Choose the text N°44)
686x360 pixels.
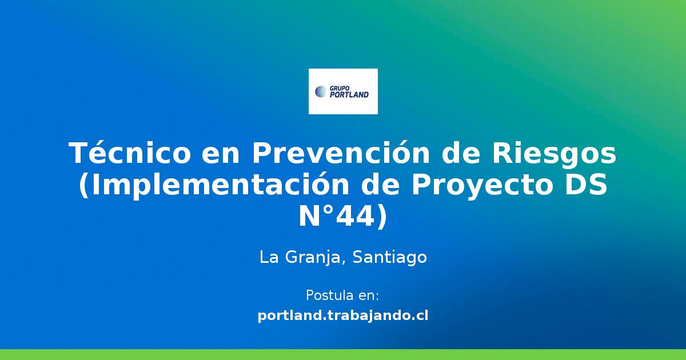coord(343,217)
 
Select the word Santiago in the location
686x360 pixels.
coord(390,258)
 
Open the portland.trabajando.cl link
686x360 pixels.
coord(343,315)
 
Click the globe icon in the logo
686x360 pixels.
coord(320,91)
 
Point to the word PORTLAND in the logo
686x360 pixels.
coord(349,94)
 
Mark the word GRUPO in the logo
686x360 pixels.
coord(340,87)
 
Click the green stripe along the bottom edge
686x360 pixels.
coord(343,354)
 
